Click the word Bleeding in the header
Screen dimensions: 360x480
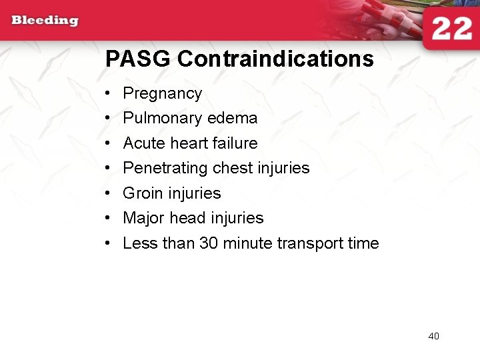[x=45, y=20]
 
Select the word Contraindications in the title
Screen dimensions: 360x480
[x=275, y=59]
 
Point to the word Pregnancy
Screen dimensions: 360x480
[x=162, y=94]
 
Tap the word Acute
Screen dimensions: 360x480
[x=144, y=143]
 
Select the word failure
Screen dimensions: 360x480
[x=234, y=143]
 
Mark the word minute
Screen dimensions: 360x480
[x=247, y=243]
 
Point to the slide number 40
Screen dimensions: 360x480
[x=433, y=336]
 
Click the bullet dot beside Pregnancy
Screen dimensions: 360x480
[x=108, y=94]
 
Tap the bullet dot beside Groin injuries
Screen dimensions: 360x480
[x=108, y=193]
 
